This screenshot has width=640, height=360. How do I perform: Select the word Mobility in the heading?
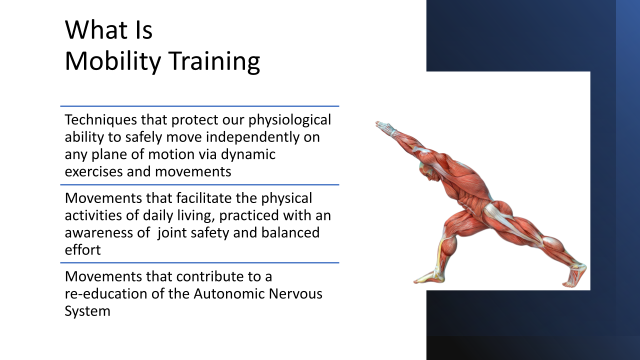113,62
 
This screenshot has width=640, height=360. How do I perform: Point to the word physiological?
289,120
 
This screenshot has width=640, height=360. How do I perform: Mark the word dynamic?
248,155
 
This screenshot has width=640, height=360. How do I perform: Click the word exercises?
93,172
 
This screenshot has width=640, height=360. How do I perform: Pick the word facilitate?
203,198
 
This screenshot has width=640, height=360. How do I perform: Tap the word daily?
158,216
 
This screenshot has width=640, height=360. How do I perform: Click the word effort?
83,249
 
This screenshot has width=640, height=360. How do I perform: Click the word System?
87,311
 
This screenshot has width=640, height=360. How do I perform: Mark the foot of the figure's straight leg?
574,275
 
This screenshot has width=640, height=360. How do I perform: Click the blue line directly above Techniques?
199,106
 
